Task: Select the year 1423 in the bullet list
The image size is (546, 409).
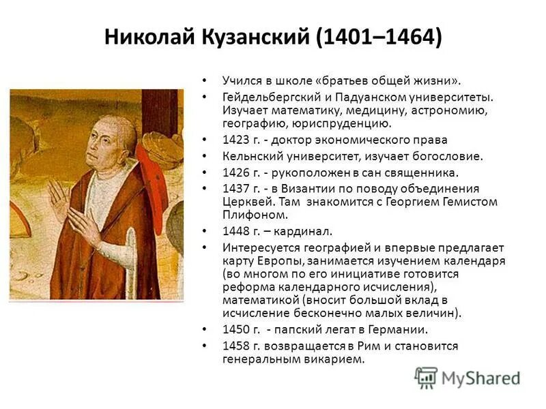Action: [235, 140]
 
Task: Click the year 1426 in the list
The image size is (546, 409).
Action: [235, 172]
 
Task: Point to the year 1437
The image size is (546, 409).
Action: [235, 189]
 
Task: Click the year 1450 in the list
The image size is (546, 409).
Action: [235, 330]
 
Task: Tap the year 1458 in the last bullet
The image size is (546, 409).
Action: [235, 346]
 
